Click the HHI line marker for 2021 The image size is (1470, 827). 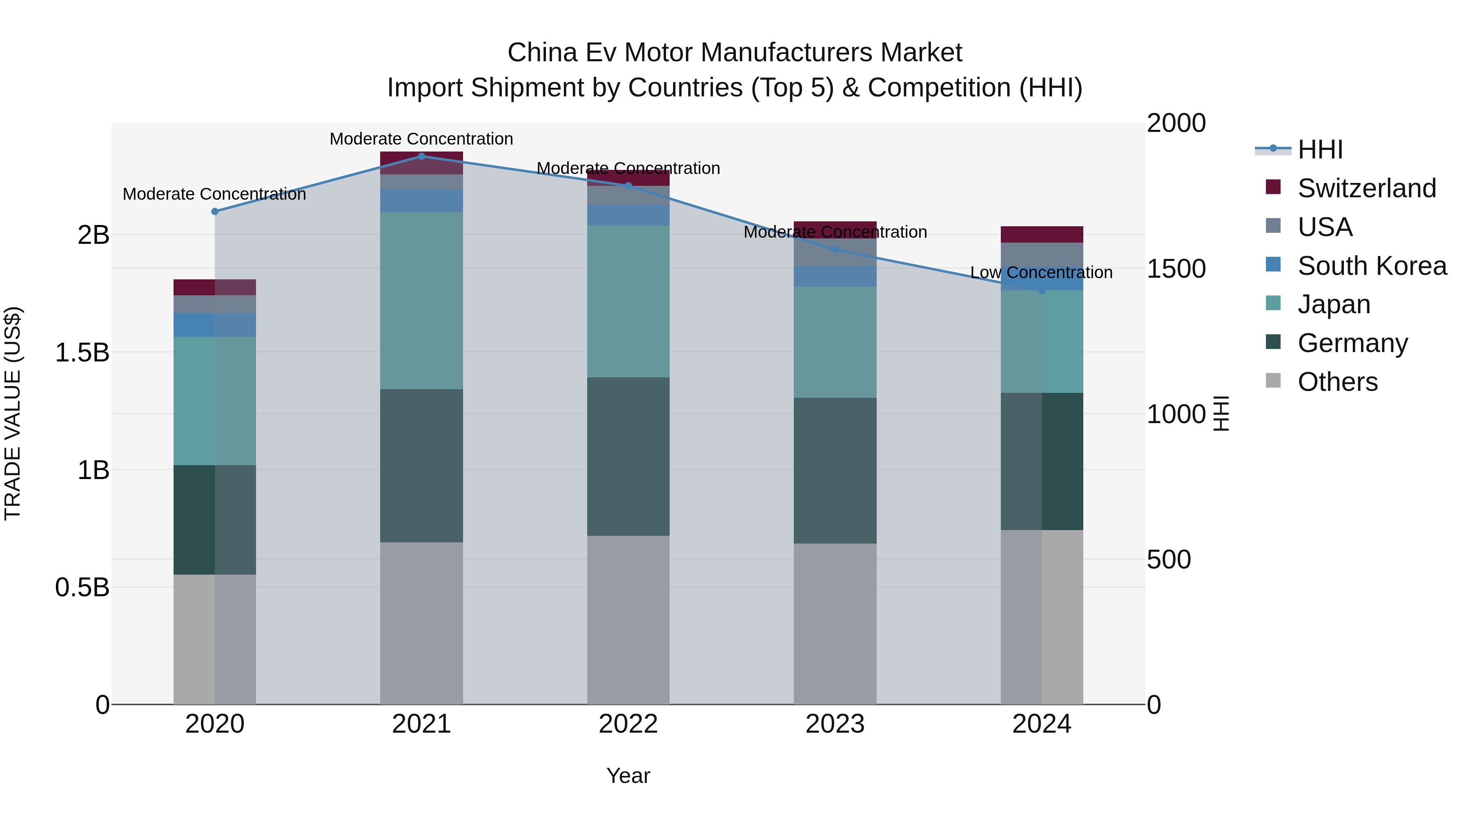pyautogui.click(x=421, y=156)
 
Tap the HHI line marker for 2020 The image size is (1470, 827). pyautogui.click(x=214, y=212)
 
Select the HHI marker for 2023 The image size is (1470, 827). pyautogui.click(x=835, y=250)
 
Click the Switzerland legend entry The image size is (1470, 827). pyautogui.click(x=1366, y=188)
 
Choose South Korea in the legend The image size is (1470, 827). pyautogui.click(x=1372, y=266)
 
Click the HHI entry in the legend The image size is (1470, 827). pyautogui.click(x=1319, y=149)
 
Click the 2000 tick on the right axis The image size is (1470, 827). pyautogui.click(x=1176, y=123)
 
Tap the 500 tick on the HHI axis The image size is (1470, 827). pyautogui.click(x=1169, y=560)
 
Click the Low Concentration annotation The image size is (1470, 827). pyautogui.click(x=1041, y=273)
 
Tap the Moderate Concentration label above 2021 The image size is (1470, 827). pyautogui.click(x=421, y=139)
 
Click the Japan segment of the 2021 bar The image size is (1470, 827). pyautogui.click(x=421, y=301)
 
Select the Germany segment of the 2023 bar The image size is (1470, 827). pyautogui.click(x=835, y=470)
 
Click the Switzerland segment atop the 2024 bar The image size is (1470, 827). pyautogui.click(x=1041, y=234)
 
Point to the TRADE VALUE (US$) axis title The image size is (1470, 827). pyautogui.click(x=13, y=413)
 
